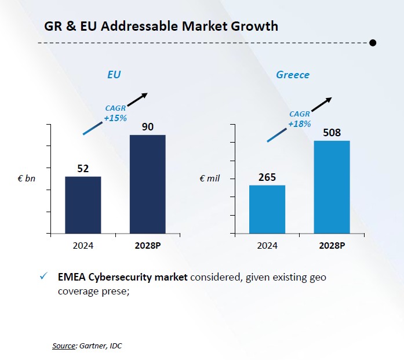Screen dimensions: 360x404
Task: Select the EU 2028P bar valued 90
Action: click(147, 184)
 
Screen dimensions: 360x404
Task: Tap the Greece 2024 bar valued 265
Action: click(267, 209)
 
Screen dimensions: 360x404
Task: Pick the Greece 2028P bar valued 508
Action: click(332, 187)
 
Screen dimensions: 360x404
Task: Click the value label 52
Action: click(83, 169)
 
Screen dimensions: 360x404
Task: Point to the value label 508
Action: click(332, 133)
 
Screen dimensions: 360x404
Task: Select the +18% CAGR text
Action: click(299, 123)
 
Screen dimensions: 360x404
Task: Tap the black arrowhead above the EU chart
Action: click(145, 95)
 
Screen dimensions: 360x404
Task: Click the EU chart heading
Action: click(114, 75)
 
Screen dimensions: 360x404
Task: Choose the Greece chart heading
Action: click(293, 75)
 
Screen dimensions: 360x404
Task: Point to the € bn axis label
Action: click(27, 179)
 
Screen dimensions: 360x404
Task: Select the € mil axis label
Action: click(209, 179)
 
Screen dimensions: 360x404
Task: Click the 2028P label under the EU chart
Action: click(147, 245)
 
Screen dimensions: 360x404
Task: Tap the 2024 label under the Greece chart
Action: click(267, 245)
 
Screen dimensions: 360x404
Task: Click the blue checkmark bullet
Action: click(43, 277)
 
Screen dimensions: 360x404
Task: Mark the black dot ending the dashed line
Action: click(373, 42)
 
